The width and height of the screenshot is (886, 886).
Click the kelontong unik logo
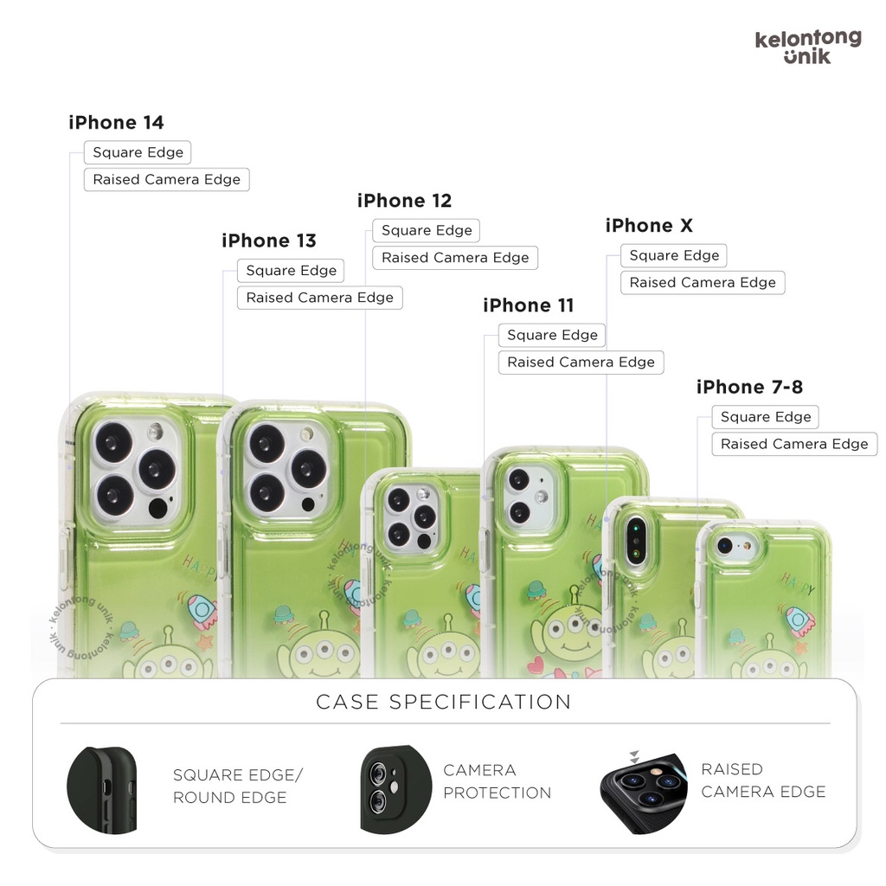pos(807,48)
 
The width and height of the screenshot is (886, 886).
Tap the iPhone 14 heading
pos(116,123)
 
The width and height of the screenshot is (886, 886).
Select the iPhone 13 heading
pos(269,241)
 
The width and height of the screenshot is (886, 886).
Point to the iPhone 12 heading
pos(404,201)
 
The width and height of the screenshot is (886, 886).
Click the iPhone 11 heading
pos(528,305)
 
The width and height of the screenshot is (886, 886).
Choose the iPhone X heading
pos(649,226)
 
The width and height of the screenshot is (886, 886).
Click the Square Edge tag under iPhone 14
pos(138,152)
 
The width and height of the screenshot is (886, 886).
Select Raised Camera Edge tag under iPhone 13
pos(319,298)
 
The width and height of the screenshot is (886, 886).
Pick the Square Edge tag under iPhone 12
pos(427,231)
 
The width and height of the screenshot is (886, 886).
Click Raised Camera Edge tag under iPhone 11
pos(581,363)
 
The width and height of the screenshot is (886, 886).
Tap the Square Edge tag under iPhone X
pos(674,256)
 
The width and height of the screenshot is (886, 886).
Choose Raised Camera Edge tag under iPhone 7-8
pos(793,444)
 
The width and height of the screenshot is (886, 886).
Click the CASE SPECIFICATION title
pos(443,702)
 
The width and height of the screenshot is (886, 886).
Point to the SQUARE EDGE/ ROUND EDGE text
pos(238,786)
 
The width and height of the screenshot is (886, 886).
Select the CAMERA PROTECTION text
pos(497,781)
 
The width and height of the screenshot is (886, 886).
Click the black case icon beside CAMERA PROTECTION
pos(395,789)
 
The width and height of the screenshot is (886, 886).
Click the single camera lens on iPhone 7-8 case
pos(725,546)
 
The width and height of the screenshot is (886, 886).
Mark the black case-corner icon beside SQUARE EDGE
pos(102,789)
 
